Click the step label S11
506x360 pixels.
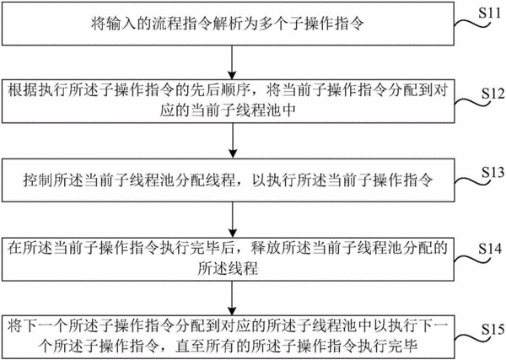489,13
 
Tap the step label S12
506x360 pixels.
493,94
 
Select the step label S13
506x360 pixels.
493,173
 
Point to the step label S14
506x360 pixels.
490,249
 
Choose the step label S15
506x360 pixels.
493,330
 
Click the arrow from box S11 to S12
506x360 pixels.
232,62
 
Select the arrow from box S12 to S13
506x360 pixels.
233,141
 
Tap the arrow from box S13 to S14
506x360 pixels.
233,220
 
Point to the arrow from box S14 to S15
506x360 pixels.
232,298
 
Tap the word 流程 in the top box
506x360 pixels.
167,24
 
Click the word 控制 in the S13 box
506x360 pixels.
38,180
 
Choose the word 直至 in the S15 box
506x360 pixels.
190,346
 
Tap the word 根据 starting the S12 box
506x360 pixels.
23,90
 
